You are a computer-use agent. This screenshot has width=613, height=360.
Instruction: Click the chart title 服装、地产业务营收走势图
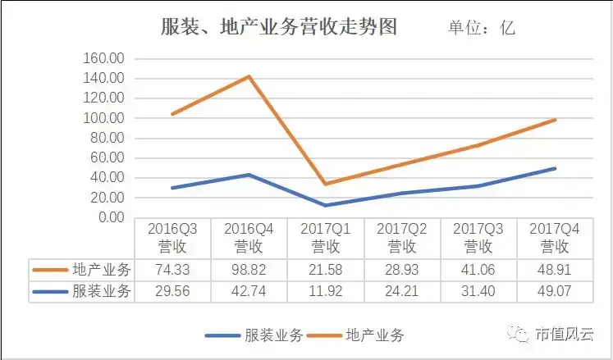(278, 27)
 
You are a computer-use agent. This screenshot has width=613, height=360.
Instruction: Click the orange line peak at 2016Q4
(249, 76)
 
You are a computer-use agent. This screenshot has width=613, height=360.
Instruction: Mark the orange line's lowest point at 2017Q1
(326, 184)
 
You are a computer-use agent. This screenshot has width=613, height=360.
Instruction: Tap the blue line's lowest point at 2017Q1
(326, 205)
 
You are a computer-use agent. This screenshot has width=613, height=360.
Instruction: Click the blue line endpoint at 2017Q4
(556, 169)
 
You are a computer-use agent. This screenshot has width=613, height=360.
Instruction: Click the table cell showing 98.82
(249, 270)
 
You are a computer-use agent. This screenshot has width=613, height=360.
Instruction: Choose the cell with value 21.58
(325, 270)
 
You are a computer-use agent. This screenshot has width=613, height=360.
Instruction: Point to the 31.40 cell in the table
(478, 291)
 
